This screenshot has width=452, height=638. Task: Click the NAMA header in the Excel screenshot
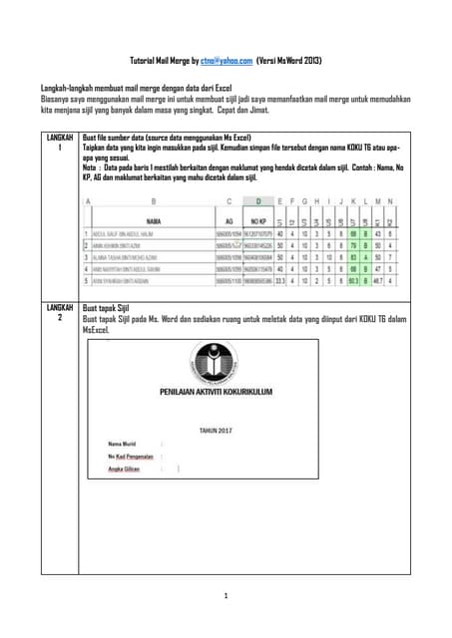[155, 219]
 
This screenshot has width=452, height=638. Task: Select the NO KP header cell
[256, 219]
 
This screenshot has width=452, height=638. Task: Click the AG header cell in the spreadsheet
[230, 219]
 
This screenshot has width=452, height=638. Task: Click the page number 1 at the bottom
[226, 596]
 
